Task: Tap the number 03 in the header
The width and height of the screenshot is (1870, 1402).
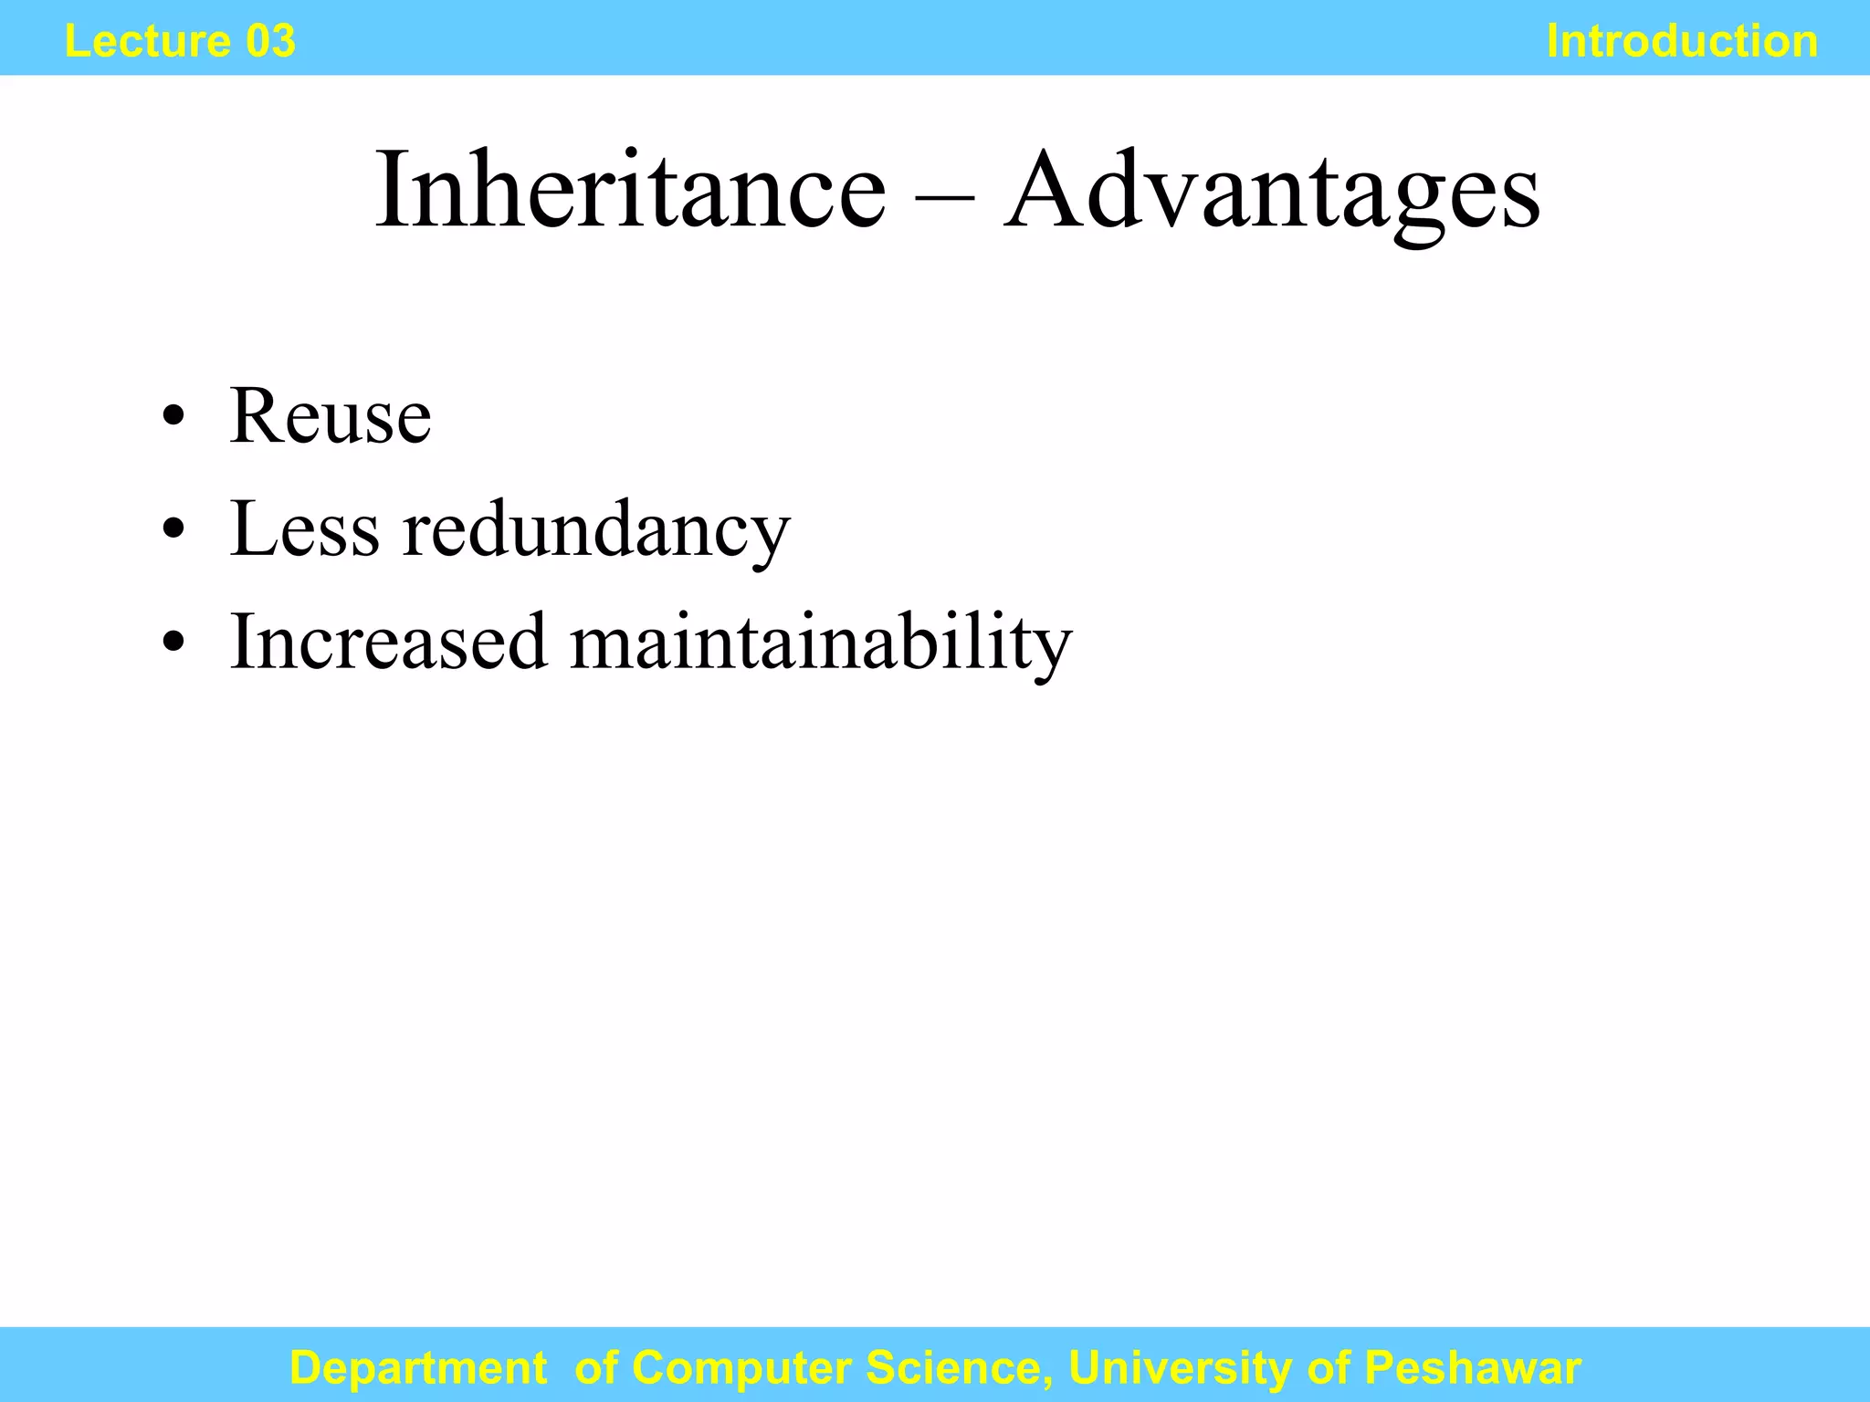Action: (270, 42)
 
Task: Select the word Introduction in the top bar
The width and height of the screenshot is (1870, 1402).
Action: (1682, 42)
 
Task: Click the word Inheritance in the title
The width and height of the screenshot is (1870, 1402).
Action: (630, 192)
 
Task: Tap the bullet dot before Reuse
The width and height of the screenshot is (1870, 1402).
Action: (173, 419)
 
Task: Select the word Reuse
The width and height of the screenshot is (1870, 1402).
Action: (330, 417)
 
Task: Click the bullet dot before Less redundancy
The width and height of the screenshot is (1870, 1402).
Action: (173, 531)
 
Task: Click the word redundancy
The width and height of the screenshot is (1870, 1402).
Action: (596, 532)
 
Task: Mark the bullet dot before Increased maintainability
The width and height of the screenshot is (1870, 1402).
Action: (173, 643)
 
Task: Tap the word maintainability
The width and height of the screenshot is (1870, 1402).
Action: (821, 643)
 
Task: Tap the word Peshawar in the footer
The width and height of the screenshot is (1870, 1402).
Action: (1472, 1368)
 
